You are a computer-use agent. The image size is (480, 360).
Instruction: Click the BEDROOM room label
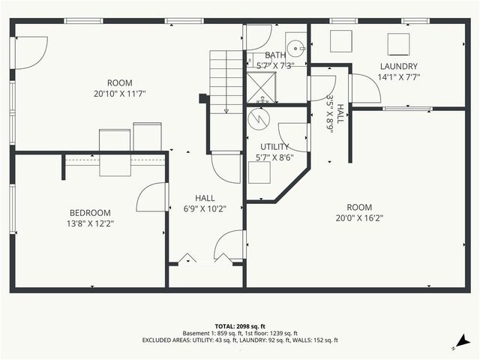tap(91, 212)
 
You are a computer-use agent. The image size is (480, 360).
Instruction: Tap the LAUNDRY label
tap(397, 66)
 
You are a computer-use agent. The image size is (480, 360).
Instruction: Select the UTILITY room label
tap(274, 146)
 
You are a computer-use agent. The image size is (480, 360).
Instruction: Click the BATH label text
tap(274, 55)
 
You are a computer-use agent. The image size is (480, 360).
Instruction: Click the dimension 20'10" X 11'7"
tap(119, 94)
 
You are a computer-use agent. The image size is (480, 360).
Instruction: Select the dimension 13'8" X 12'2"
tap(91, 223)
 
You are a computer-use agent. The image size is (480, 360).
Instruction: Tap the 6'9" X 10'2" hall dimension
tap(205, 208)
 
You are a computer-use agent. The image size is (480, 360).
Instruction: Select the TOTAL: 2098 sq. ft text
tap(239, 325)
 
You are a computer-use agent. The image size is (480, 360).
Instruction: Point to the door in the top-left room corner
tap(33, 50)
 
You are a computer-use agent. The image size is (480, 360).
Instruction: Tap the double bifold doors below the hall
tap(205, 259)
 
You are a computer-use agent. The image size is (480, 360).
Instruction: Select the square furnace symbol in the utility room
tap(259, 172)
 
